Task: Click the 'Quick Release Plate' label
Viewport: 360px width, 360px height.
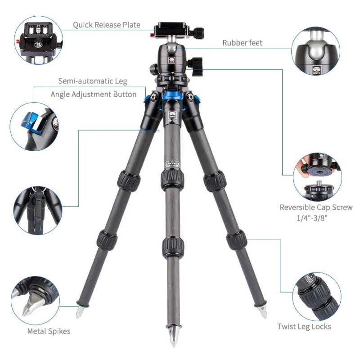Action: tap(107, 25)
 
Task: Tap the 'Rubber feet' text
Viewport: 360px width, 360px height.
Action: tap(242, 43)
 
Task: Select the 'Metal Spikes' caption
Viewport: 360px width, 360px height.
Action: tap(49, 332)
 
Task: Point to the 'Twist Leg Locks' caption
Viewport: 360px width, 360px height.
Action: tap(304, 326)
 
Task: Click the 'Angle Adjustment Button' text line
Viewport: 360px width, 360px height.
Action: tap(93, 94)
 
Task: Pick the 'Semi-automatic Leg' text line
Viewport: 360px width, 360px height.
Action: tap(93, 81)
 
